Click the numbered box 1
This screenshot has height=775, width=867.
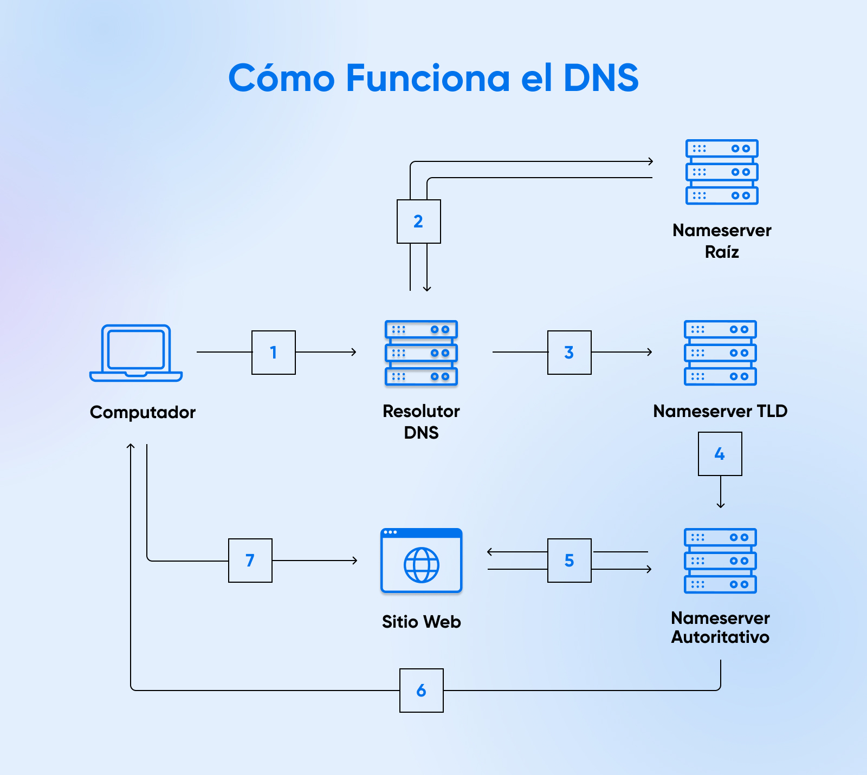(x=274, y=353)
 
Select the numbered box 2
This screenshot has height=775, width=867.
(x=418, y=222)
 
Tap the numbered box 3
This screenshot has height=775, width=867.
(x=569, y=353)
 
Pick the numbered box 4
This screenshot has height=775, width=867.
(x=720, y=454)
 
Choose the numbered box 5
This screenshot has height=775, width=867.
(x=569, y=561)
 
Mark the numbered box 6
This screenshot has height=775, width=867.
(x=421, y=691)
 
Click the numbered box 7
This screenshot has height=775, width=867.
(x=250, y=561)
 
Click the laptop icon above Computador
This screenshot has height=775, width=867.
(x=136, y=353)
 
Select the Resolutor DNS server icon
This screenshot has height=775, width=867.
(x=421, y=353)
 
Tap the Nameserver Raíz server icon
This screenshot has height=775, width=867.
(x=722, y=172)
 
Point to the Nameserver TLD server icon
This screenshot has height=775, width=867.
(x=720, y=353)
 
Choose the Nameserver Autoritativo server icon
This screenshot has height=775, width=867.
(x=720, y=561)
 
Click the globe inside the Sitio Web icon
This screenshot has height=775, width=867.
(x=421, y=565)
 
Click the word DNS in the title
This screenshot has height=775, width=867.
(x=601, y=78)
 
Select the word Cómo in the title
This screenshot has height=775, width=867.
(x=281, y=78)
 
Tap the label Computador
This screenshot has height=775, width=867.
(x=143, y=412)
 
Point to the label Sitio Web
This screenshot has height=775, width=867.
(x=421, y=622)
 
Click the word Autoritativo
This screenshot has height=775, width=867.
(x=720, y=637)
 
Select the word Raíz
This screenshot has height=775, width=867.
(x=722, y=252)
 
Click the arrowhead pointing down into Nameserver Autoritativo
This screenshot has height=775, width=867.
(x=720, y=505)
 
